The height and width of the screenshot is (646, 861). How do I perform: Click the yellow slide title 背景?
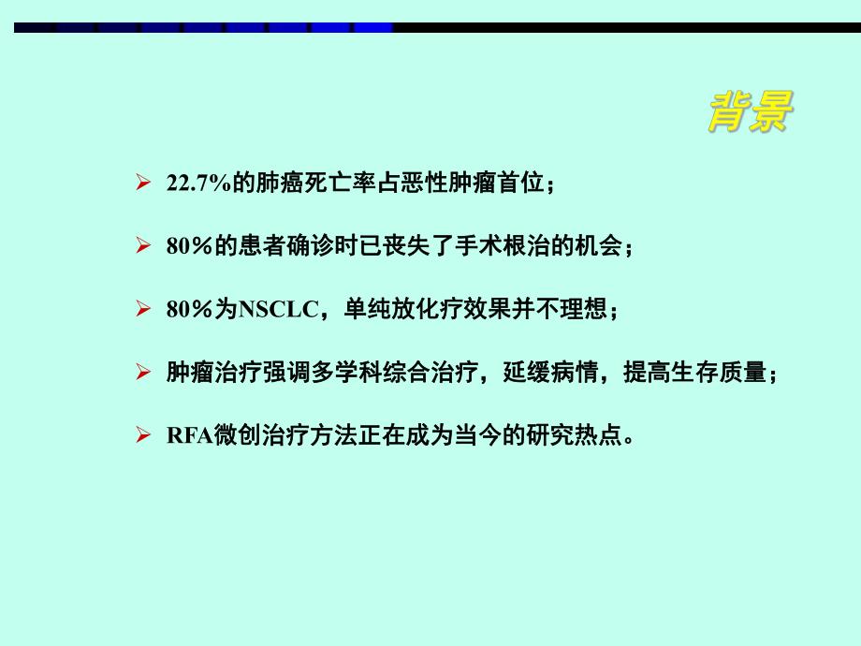coord(749,113)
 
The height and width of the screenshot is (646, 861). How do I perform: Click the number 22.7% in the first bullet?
coord(197,184)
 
